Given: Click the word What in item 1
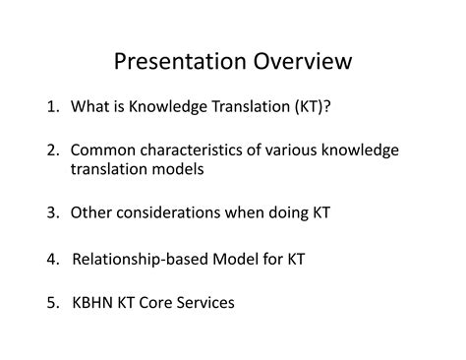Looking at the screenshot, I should (x=89, y=106).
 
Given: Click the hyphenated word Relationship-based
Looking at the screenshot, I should (x=140, y=260).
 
